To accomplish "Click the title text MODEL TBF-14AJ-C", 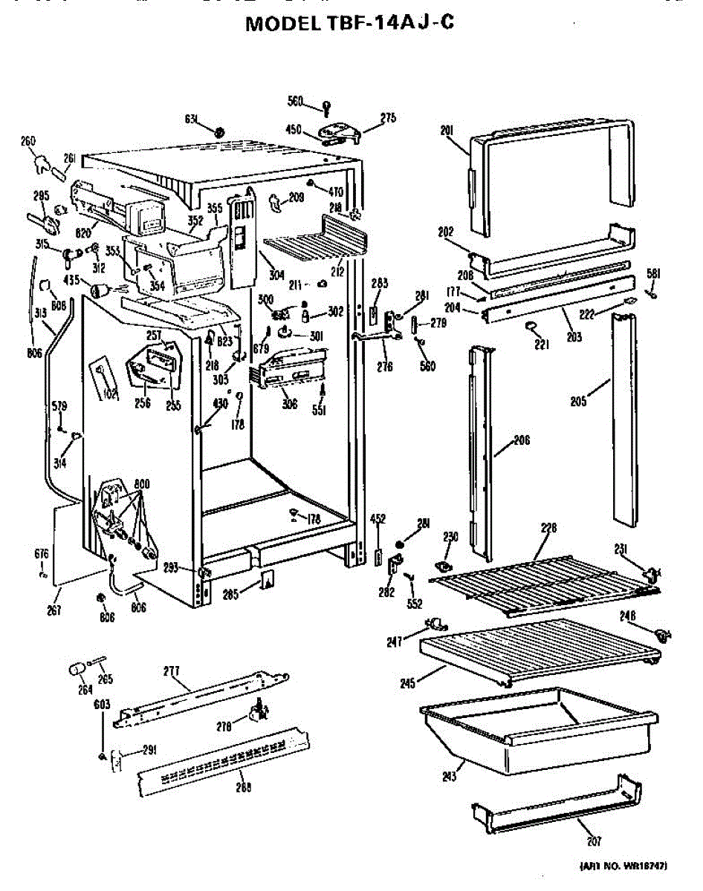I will [x=349, y=24].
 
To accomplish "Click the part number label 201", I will [x=447, y=131].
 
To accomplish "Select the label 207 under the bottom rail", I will [x=593, y=841].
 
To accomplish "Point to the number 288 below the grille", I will [x=243, y=787].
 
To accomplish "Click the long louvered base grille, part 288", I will [x=223, y=757].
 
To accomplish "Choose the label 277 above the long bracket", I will [x=172, y=670].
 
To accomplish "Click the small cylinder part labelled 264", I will [x=77, y=670].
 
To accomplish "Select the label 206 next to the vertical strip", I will [x=522, y=440].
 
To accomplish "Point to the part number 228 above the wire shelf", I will [x=548, y=529].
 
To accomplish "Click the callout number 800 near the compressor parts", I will [x=142, y=483].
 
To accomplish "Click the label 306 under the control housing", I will [x=289, y=404].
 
